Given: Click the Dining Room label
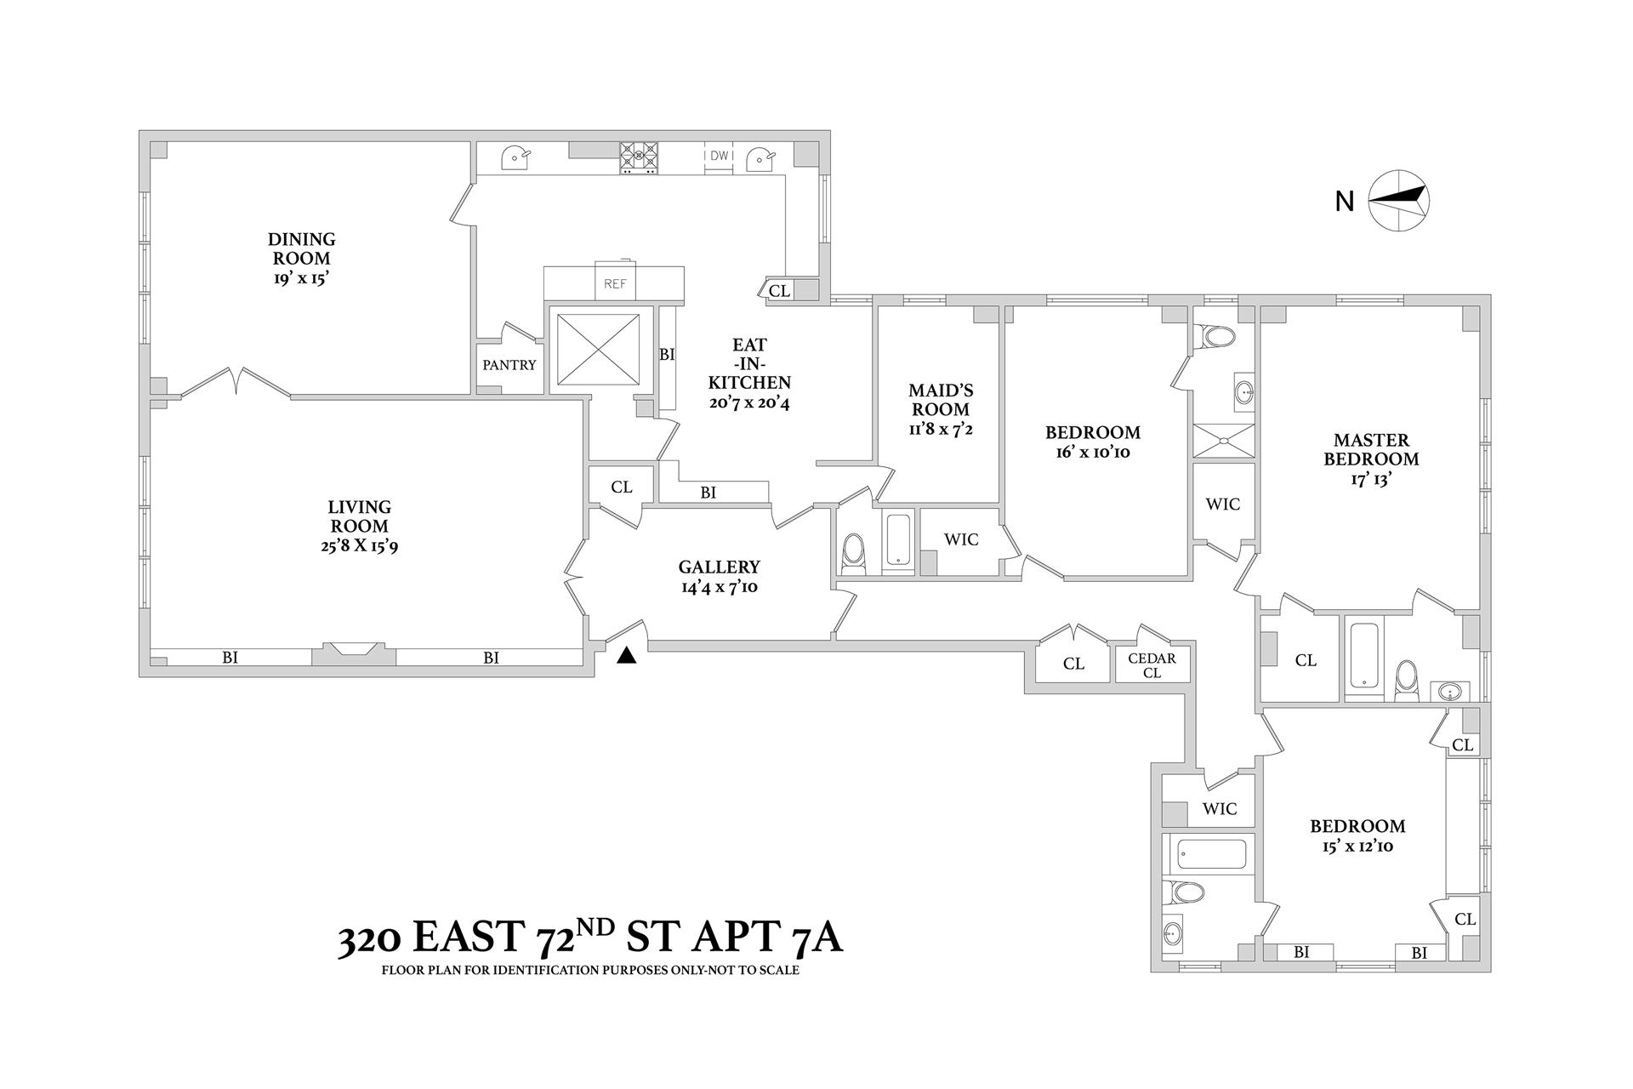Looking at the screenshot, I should pyautogui.click(x=301, y=248).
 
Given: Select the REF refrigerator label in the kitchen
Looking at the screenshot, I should pyautogui.click(x=615, y=284).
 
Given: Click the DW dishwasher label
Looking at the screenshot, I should pyautogui.click(x=720, y=156).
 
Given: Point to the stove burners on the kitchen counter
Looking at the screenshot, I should pyautogui.click(x=639, y=157).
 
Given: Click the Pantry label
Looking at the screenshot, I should pyautogui.click(x=509, y=365).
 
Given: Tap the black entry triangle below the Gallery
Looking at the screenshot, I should pyautogui.click(x=627, y=655).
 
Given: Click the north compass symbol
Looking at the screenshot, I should pyautogui.click(x=1398, y=202).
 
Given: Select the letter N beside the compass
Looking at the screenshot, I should pyautogui.click(x=1344, y=202).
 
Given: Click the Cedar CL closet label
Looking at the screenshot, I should pyautogui.click(x=1152, y=665).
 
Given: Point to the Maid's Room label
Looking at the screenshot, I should pyautogui.click(x=941, y=400).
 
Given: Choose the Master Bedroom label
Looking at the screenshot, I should pyautogui.click(x=1371, y=449).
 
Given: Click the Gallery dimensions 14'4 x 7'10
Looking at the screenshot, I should pyautogui.click(x=720, y=586).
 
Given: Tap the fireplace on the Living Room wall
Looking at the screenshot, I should pyautogui.click(x=354, y=652).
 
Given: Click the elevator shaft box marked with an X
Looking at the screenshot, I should pyautogui.click(x=597, y=350).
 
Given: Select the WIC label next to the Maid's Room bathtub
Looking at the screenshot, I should pyautogui.click(x=961, y=539).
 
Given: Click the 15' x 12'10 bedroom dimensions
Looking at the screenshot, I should pyautogui.click(x=1357, y=847).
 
